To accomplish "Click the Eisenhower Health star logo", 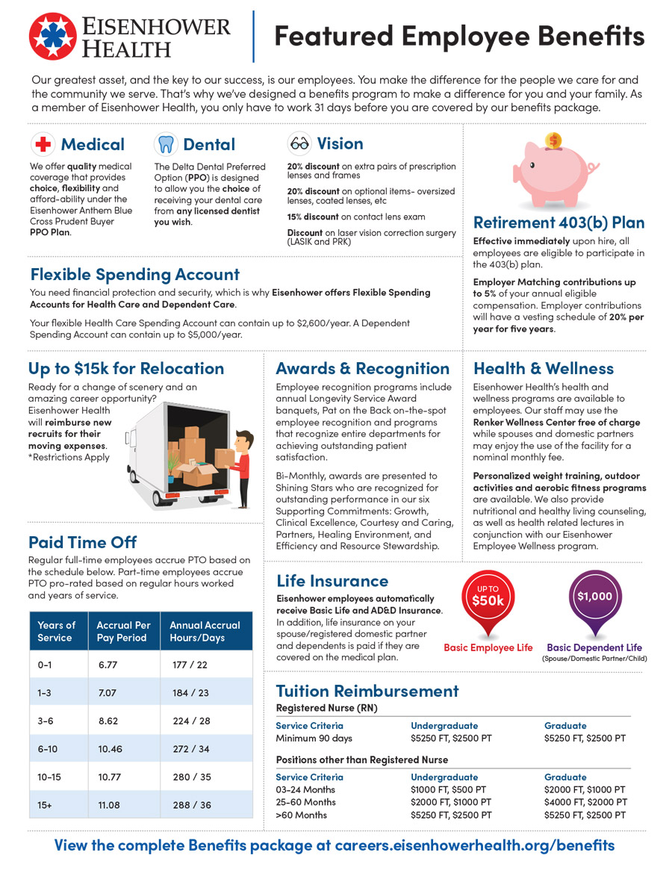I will (52, 35).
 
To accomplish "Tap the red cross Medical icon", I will (43, 144).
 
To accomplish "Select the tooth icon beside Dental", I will (165, 144).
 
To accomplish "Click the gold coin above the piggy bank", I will (553, 140).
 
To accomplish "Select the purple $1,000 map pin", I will (594, 598).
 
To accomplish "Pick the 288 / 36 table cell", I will (192, 806).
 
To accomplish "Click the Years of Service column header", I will (57, 631).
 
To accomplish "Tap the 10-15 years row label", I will (49, 777).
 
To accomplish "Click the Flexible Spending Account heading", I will (134, 275).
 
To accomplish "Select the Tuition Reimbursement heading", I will (367, 691).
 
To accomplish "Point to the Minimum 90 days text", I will (314, 739).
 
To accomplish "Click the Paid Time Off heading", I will (82, 541).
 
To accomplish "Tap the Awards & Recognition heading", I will (363, 368).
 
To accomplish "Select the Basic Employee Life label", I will (488, 647).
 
